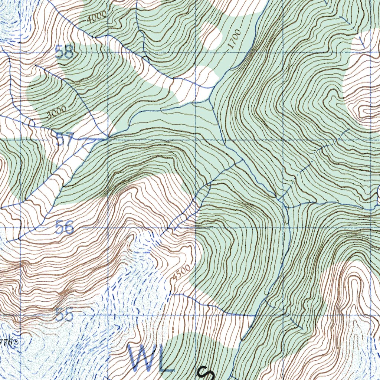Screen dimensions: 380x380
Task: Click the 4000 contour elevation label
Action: pos(98,17)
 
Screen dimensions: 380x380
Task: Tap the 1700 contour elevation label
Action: pos(235,39)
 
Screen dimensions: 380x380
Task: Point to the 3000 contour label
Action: pos(56,112)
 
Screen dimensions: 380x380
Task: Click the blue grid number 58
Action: pos(64,52)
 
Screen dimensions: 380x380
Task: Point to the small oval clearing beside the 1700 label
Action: pos(211,36)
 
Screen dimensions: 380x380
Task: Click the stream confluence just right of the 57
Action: pos(108,137)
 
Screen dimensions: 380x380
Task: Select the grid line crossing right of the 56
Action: pos(108,227)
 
